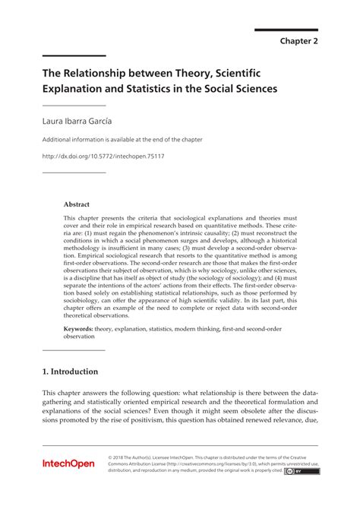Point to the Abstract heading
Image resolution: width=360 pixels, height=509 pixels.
tap(77, 204)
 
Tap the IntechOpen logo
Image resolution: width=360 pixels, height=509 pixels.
tap(68, 463)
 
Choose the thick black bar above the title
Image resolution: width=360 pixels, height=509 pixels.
tap(74, 56)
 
